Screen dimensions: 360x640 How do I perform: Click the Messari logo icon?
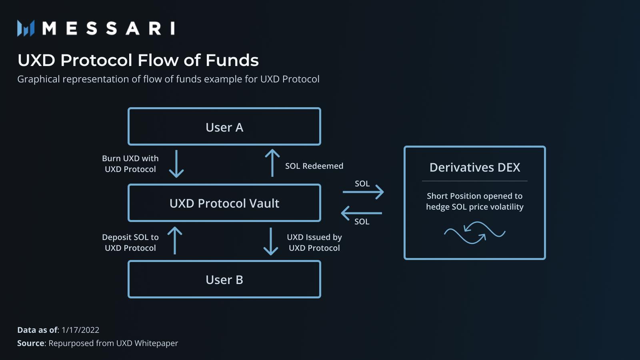[x=26, y=28]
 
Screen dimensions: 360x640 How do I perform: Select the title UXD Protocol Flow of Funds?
[x=138, y=60]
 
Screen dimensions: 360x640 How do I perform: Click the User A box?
[x=224, y=127]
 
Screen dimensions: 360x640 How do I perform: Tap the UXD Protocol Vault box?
[x=224, y=203]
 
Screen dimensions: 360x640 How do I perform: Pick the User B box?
[x=224, y=280]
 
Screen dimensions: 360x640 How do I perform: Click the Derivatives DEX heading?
[x=474, y=167]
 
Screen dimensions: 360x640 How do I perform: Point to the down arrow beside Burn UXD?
[x=176, y=164]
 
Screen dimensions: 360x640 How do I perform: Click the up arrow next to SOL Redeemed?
[x=272, y=163]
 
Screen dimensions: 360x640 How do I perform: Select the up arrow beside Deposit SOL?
[x=175, y=240]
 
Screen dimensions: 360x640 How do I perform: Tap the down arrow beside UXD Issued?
[x=271, y=241]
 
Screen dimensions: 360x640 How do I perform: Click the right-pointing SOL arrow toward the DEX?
[x=363, y=192]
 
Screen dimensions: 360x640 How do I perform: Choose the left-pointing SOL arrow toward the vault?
[x=362, y=213]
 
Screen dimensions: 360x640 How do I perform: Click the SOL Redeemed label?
[x=314, y=166]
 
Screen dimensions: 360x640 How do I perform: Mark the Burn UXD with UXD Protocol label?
[x=130, y=164]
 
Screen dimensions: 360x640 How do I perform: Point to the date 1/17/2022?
[x=80, y=330]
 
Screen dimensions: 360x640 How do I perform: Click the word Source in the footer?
[x=31, y=343]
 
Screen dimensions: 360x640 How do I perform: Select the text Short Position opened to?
[x=474, y=196]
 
